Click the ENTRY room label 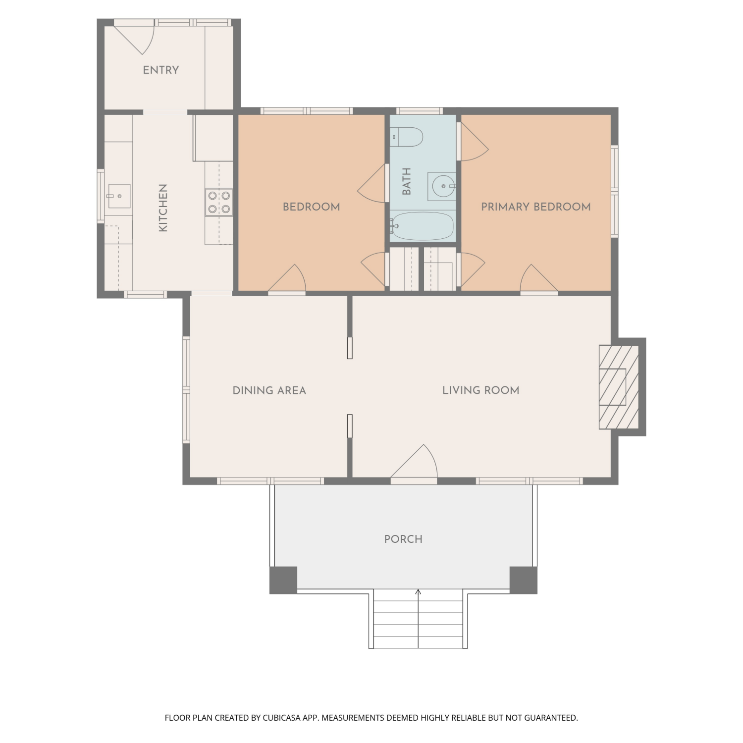(x=160, y=70)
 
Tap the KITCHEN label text (x=163, y=208)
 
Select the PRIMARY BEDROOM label (x=536, y=207)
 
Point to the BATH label (x=407, y=181)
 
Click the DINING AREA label (x=269, y=391)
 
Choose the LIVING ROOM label (x=481, y=390)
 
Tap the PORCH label (x=404, y=539)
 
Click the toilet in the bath (x=406, y=137)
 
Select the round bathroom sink (x=442, y=186)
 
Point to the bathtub (x=422, y=226)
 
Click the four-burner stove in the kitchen (x=219, y=202)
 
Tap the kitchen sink (x=118, y=196)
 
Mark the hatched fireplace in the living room (x=619, y=387)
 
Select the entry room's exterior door (x=135, y=38)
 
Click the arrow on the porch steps (x=418, y=618)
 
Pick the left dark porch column (x=283, y=580)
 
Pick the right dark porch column (x=524, y=580)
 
